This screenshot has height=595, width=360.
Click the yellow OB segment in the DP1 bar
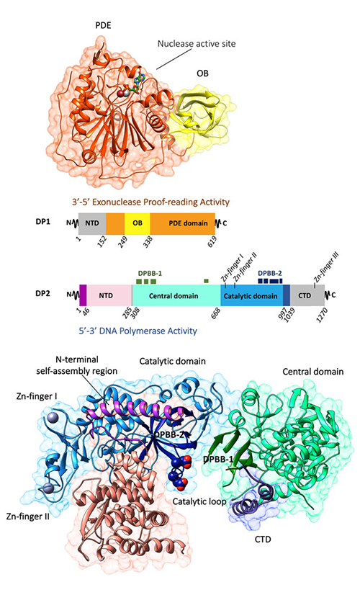(137, 223)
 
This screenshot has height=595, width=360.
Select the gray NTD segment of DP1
(92, 223)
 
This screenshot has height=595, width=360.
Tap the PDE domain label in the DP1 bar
(188, 223)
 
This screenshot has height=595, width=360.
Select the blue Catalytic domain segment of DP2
(251, 295)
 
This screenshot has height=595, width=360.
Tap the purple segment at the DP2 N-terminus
(83, 295)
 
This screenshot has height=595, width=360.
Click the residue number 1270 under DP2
(323, 315)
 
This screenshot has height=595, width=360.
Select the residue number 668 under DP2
(216, 313)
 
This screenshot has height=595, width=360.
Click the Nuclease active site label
(197, 44)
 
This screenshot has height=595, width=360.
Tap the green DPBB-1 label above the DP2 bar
(150, 273)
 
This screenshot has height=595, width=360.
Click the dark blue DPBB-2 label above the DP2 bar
(270, 273)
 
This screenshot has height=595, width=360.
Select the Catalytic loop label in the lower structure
(199, 501)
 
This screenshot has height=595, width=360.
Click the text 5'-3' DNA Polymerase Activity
(138, 331)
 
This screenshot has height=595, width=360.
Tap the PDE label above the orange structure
(103, 26)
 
